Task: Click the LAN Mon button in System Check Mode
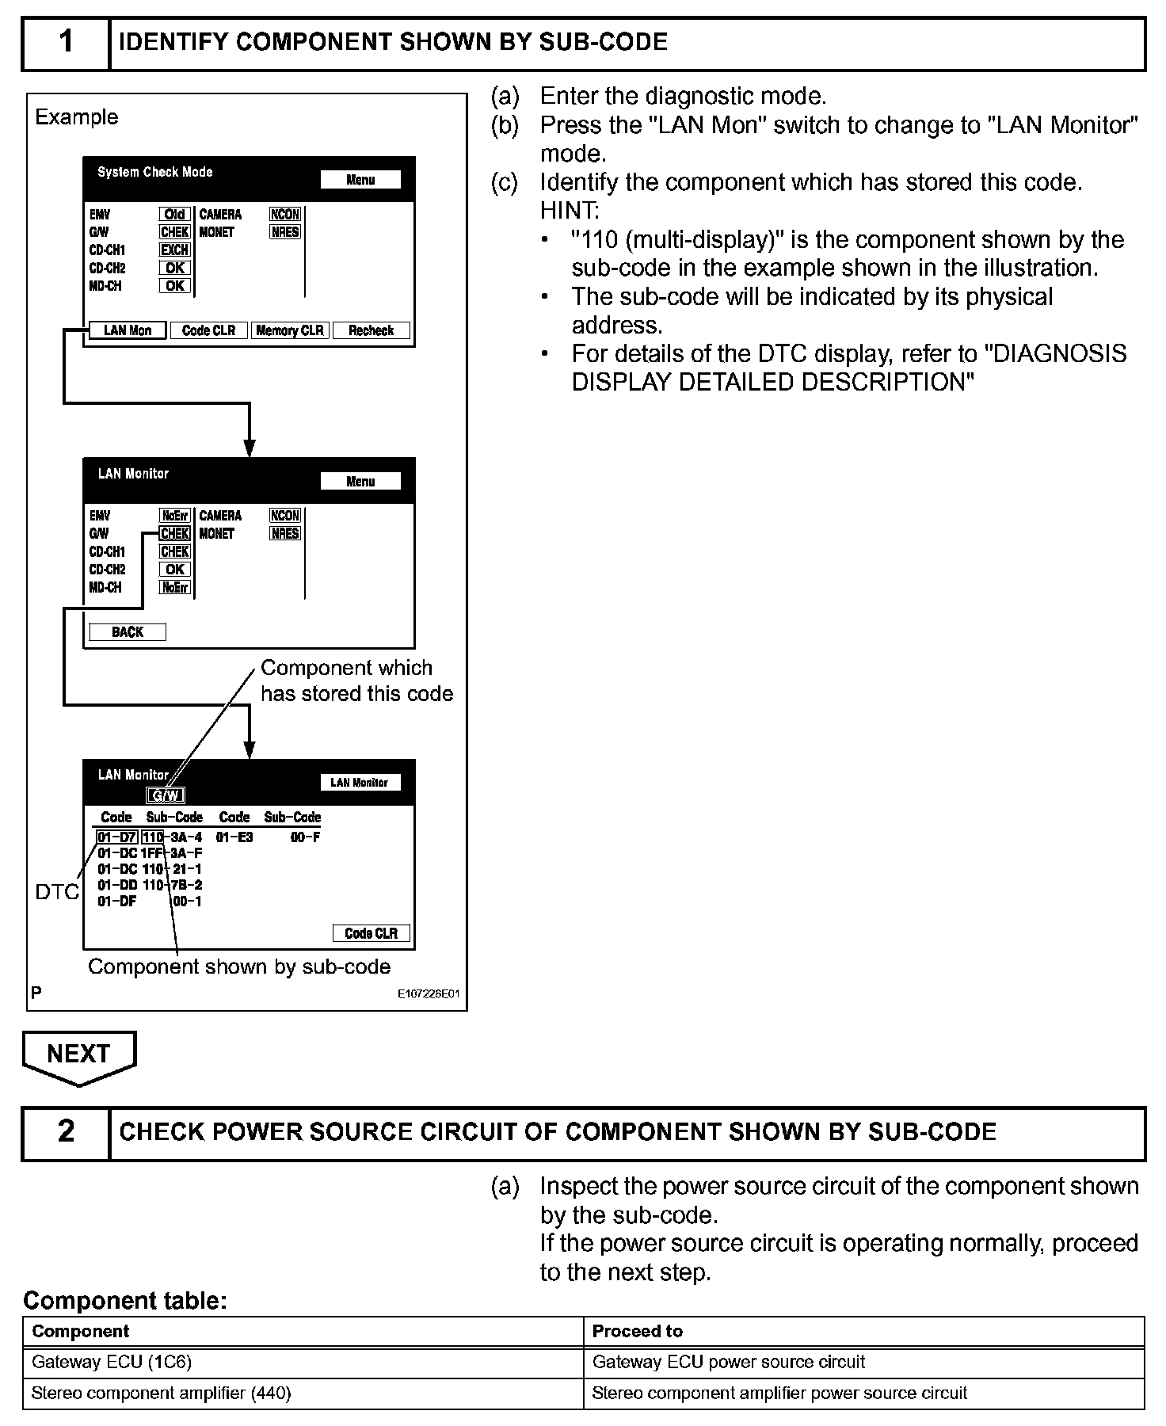pos(127,330)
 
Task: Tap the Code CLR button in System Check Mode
pos(208,330)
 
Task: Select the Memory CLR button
pos(290,330)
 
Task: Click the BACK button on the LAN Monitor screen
pos(128,632)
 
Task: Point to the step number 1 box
pos(66,43)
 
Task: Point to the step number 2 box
pos(66,1132)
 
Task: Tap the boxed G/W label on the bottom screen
pos(166,795)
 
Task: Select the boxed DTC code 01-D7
pos(117,837)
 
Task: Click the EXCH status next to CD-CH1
pos(174,250)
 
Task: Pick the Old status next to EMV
pos(174,215)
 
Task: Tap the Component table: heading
pos(125,1300)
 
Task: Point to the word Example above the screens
pos(77,117)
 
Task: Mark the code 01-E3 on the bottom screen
pos(234,837)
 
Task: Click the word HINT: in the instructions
pos(570,211)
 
